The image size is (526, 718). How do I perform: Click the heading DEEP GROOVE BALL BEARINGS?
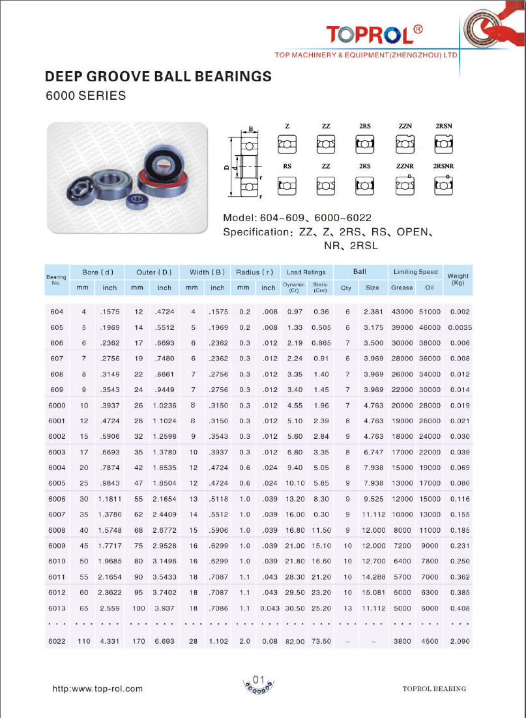click(x=158, y=76)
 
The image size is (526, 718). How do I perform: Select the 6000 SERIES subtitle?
click(x=85, y=95)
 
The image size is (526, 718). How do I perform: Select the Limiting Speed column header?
click(x=415, y=271)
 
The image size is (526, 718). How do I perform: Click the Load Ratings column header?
click(x=306, y=271)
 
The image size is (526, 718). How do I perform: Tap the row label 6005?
click(x=57, y=483)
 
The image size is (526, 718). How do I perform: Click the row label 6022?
click(x=57, y=641)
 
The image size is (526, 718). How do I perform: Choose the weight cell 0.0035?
click(x=460, y=327)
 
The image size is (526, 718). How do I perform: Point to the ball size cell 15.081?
click(x=372, y=593)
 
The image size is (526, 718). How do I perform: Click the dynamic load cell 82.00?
click(x=294, y=642)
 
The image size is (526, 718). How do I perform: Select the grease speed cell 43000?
click(x=402, y=312)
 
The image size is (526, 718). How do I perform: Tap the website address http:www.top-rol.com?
click(x=97, y=689)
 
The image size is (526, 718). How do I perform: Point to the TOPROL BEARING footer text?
click(x=434, y=689)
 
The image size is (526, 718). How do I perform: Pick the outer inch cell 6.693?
click(x=164, y=641)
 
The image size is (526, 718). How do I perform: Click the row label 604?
click(x=57, y=312)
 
